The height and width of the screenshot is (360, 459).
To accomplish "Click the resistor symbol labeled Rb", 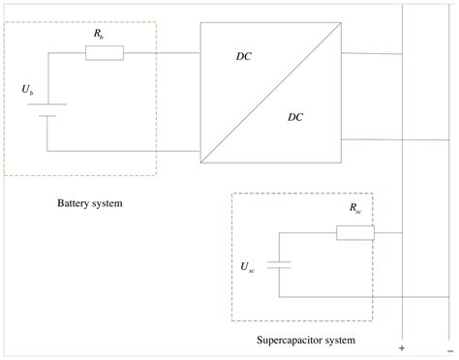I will tap(104, 52).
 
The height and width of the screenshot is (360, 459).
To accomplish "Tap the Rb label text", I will tap(99, 33).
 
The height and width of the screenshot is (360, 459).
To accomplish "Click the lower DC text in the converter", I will tap(295, 118).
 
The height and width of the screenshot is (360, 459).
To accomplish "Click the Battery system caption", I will tap(89, 204).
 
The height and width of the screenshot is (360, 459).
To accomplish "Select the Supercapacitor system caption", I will tap(306, 341).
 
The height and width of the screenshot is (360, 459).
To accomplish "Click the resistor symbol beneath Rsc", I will tap(354, 233).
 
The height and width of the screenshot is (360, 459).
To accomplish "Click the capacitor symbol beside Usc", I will tap(278, 264).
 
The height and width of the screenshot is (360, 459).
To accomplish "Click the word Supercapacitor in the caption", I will tap(290, 341).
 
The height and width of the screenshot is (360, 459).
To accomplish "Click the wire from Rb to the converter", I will tap(162, 52).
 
